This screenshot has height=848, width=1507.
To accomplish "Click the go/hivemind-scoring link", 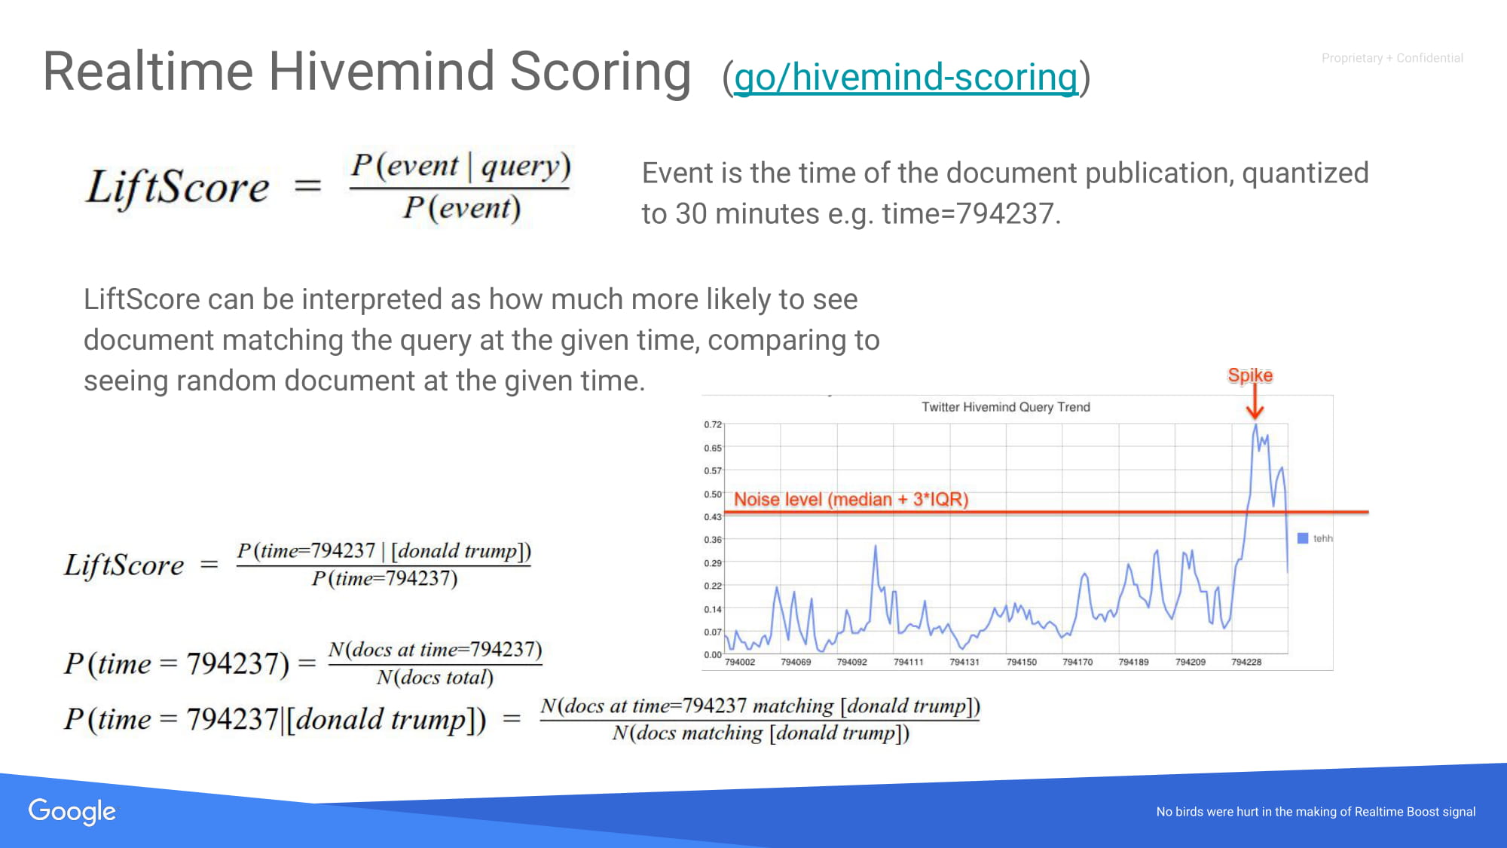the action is pyautogui.click(x=906, y=78).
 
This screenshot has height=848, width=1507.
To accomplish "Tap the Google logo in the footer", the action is pyautogui.click(x=72, y=812).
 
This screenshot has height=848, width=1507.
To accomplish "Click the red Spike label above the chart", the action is pyautogui.click(x=1250, y=375).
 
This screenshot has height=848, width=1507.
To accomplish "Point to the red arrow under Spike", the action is pyautogui.click(x=1255, y=402).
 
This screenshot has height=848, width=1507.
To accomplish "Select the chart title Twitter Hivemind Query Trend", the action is pyautogui.click(x=1006, y=407).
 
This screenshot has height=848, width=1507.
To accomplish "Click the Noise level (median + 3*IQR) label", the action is pyautogui.click(x=851, y=499).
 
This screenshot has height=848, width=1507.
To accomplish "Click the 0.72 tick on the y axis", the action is pyautogui.click(x=713, y=424).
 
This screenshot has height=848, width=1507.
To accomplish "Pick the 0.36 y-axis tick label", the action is pyautogui.click(x=713, y=540).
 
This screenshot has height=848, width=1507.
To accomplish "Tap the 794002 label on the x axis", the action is pyautogui.click(x=739, y=662).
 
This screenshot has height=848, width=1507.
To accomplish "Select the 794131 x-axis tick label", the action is pyautogui.click(x=964, y=662).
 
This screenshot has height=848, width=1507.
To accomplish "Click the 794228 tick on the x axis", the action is pyautogui.click(x=1246, y=662).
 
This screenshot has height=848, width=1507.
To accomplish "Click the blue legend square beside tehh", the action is pyautogui.click(x=1303, y=538).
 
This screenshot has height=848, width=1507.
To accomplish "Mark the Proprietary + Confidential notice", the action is pyautogui.click(x=1392, y=58).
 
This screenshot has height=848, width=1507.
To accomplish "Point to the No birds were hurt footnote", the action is pyautogui.click(x=1316, y=812).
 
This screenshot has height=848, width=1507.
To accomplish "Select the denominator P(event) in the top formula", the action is pyautogui.click(x=461, y=208).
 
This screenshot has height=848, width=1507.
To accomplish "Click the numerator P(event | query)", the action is pyautogui.click(x=461, y=166).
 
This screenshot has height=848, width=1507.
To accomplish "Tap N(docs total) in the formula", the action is pyautogui.click(x=435, y=677).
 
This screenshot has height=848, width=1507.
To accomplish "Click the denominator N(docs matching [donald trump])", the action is pyautogui.click(x=760, y=733).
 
